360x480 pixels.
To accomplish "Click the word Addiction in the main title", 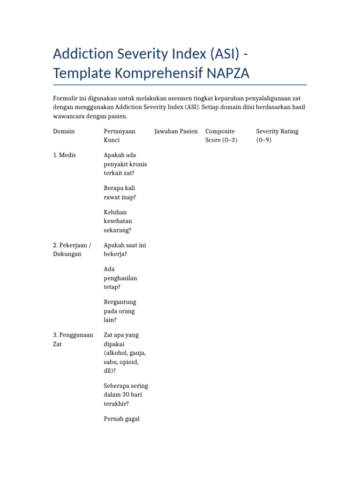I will pyautogui.click(x=82, y=54).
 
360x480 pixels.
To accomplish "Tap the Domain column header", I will pyautogui.click(x=64, y=131).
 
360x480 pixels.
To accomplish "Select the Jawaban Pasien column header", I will pyautogui.click(x=176, y=131).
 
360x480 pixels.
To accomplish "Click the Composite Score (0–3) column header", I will pyautogui.click(x=221, y=135).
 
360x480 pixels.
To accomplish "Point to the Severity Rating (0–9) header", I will pyautogui.click(x=277, y=135).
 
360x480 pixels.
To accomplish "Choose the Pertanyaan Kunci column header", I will pyautogui.click(x=120, y=135).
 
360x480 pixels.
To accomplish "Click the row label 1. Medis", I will pyautogui.click(x=65, y=155).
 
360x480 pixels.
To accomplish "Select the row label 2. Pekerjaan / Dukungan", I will pyautogui.click(x=72, y=249).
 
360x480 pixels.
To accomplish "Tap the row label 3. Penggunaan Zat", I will pyautogui.click(x=73, y=339).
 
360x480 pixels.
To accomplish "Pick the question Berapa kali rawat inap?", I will pyautogui.click(x=120, y=193).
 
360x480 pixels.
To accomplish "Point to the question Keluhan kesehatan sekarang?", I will pyautogui.click(x=118, y=221).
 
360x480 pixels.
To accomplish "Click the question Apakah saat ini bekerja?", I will pyautogui.click(x=125, y=249).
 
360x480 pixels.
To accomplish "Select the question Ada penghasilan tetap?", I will pyautogui.click(x=120, y=278).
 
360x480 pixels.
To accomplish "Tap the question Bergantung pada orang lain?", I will pyautogui.click(x=120, y=311).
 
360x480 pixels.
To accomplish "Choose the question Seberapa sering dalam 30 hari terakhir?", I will pyautogui.click(x=126, y=395).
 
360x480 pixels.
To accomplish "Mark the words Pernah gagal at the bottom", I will pyautogui.click(x=121, y=419).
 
